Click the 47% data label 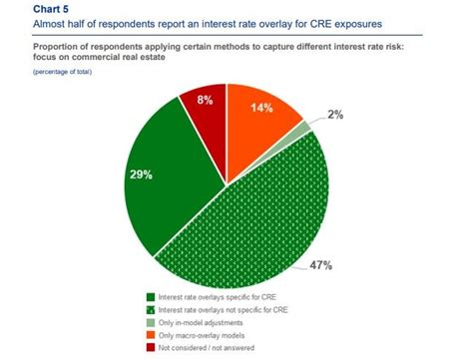tap(319, 266)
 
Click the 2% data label tap(334, 116)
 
